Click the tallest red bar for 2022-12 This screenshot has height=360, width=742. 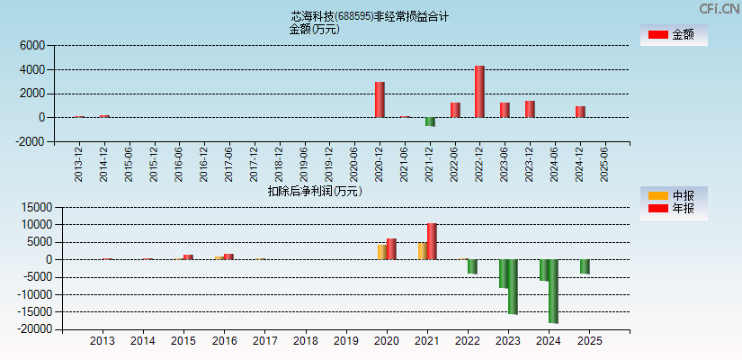point(479,92)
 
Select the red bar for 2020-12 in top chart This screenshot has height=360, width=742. point(380,100)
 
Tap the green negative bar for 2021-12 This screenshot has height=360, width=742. point(430,121)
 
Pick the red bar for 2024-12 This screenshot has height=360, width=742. point(580,112)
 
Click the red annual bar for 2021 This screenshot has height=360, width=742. point(432,241)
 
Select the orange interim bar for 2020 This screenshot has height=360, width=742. point(381,252)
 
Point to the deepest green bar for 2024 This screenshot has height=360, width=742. point(553,291)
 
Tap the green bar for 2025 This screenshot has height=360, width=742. point(585,266)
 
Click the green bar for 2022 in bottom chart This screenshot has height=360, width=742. point(472,266)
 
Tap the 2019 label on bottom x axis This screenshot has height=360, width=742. point(345,342)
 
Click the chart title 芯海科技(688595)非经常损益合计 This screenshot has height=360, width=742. point(370,16)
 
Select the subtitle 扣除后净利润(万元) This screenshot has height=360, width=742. point(314,191)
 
